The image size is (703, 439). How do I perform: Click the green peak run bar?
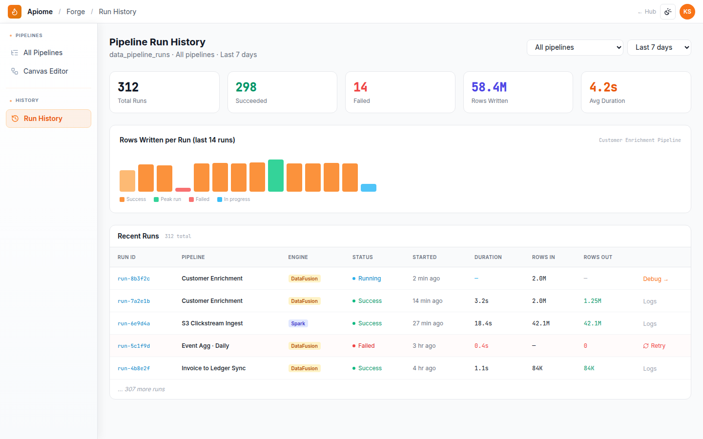coord(275,176)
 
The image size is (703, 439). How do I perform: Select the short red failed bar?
coord(183,190)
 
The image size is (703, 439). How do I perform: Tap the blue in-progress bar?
coord(369,187)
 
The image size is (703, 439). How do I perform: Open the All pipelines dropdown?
coord(575,47)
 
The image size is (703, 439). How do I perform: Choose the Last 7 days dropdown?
coord(659,47)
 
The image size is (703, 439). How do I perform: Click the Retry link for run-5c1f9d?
coord(654,345)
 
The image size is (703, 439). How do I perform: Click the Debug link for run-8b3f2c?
coord(655,279)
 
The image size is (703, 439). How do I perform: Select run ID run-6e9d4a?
coord(134,323)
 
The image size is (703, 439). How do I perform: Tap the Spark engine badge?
coord(298,323)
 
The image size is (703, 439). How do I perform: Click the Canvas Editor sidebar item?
coord(45,71)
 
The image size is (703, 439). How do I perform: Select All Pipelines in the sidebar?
coord(42,53)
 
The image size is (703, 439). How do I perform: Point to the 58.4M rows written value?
coord(489,87)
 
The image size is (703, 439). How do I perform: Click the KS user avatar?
coord(687,12)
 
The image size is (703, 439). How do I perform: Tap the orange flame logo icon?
coord(15,12)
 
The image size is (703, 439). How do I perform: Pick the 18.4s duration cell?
coord(483,323)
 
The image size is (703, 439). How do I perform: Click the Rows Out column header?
coord(598,257)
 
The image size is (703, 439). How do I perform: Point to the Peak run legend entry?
coord(167,199)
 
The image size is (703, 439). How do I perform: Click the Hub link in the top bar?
coord(647,12)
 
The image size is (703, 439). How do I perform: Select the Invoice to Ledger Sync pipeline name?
coord(213,368)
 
